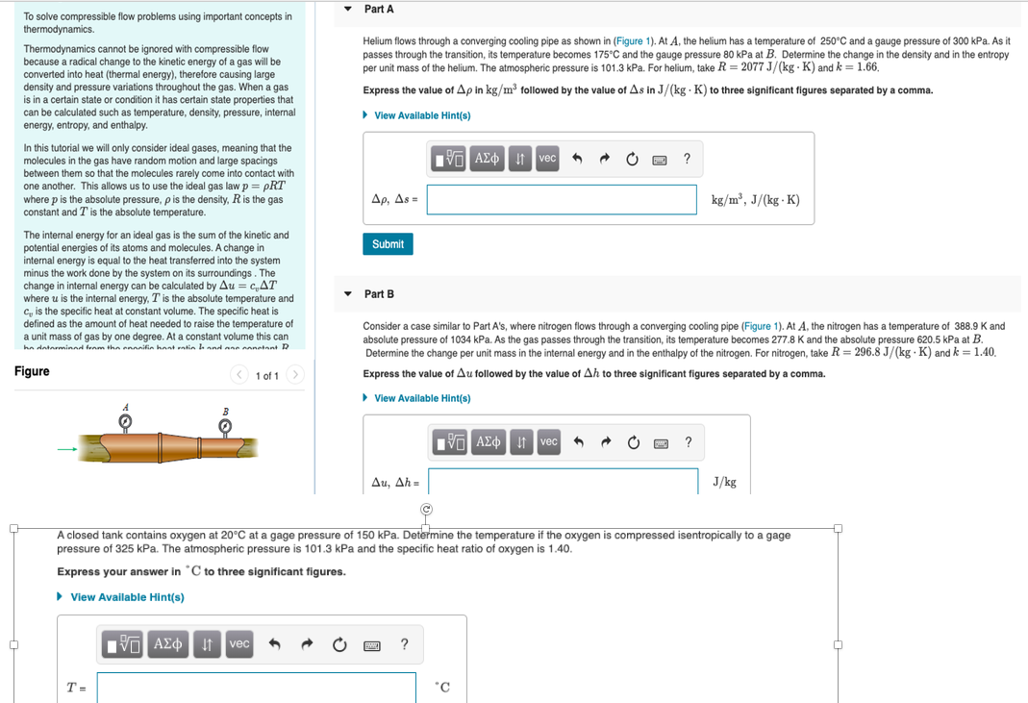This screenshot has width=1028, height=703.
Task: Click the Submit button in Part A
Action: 388,244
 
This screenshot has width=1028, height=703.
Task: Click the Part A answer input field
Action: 562,199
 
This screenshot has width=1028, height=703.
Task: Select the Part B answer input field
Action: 564,481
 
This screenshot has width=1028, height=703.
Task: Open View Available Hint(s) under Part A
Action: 421,115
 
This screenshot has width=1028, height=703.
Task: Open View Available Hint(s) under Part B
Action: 421,398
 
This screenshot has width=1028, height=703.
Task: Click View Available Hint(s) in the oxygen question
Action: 126,597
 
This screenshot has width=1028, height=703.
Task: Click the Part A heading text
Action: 379,9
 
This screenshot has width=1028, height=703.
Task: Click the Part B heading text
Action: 379,293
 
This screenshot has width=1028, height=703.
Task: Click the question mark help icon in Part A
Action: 686,159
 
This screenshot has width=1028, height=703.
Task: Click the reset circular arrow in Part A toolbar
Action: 632,159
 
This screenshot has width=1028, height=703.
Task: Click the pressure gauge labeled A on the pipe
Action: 123,422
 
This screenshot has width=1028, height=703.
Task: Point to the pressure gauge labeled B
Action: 226,426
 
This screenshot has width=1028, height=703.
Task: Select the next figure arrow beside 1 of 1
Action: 296,375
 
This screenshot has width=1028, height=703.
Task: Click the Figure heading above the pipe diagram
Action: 32,371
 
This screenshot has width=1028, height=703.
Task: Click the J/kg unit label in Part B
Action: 724,482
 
